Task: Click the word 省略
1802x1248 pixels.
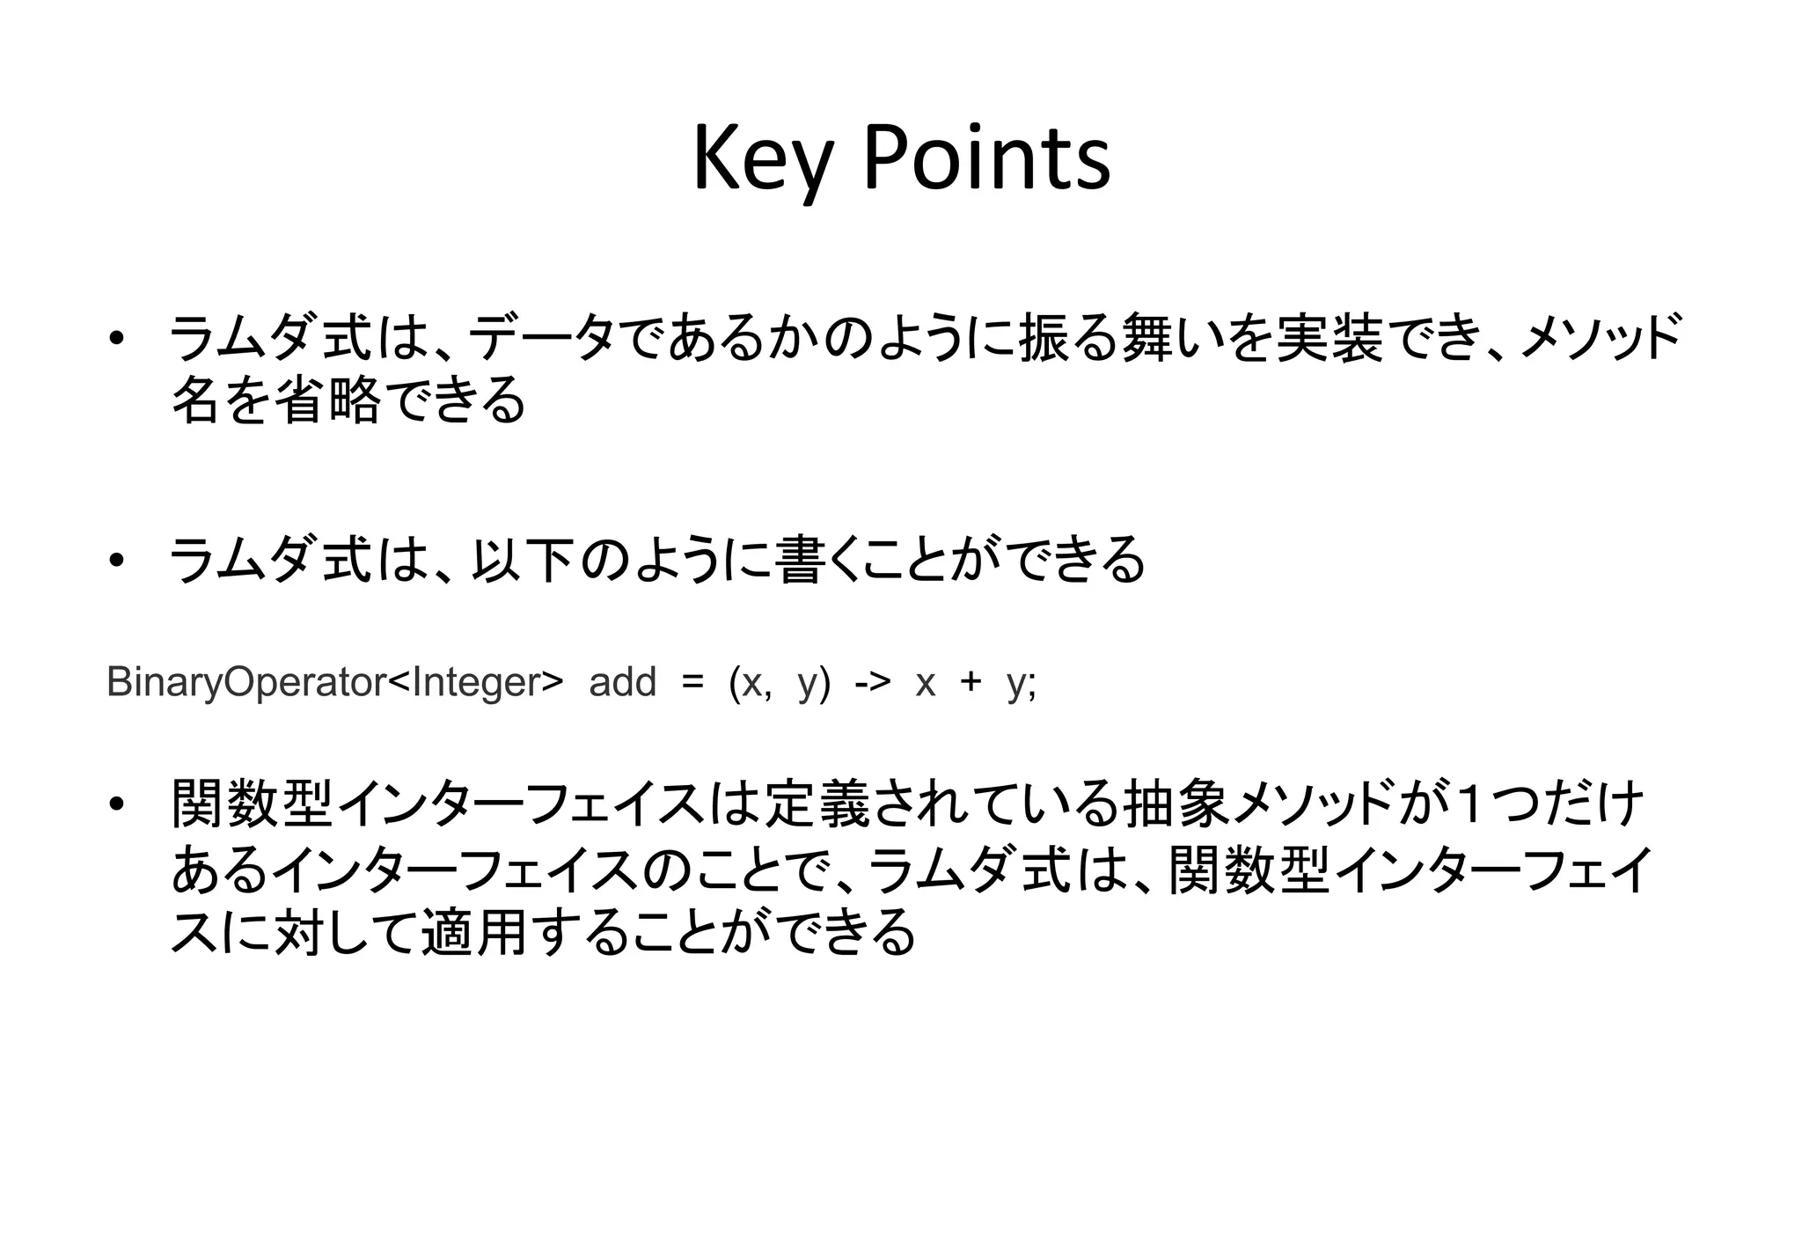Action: point(329,401)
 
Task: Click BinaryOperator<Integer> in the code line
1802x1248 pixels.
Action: point(334,683)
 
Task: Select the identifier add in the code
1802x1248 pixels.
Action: point(622,683)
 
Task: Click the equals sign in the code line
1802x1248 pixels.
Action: point(692,683)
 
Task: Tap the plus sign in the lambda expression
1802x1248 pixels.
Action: point(971,683)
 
